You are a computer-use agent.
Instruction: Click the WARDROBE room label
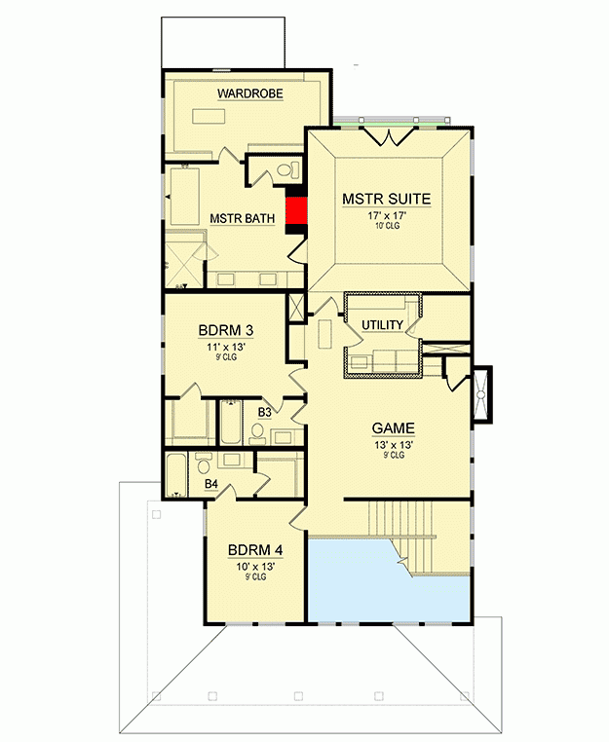250,93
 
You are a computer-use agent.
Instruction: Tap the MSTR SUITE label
386,200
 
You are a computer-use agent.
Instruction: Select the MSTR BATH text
243,218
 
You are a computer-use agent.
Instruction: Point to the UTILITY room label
382,324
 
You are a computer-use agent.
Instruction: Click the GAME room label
394,427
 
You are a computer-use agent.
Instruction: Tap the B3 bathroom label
264,413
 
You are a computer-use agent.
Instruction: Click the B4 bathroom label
210,482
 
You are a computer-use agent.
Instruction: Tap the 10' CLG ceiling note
386,226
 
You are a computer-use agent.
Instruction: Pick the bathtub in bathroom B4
176,474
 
